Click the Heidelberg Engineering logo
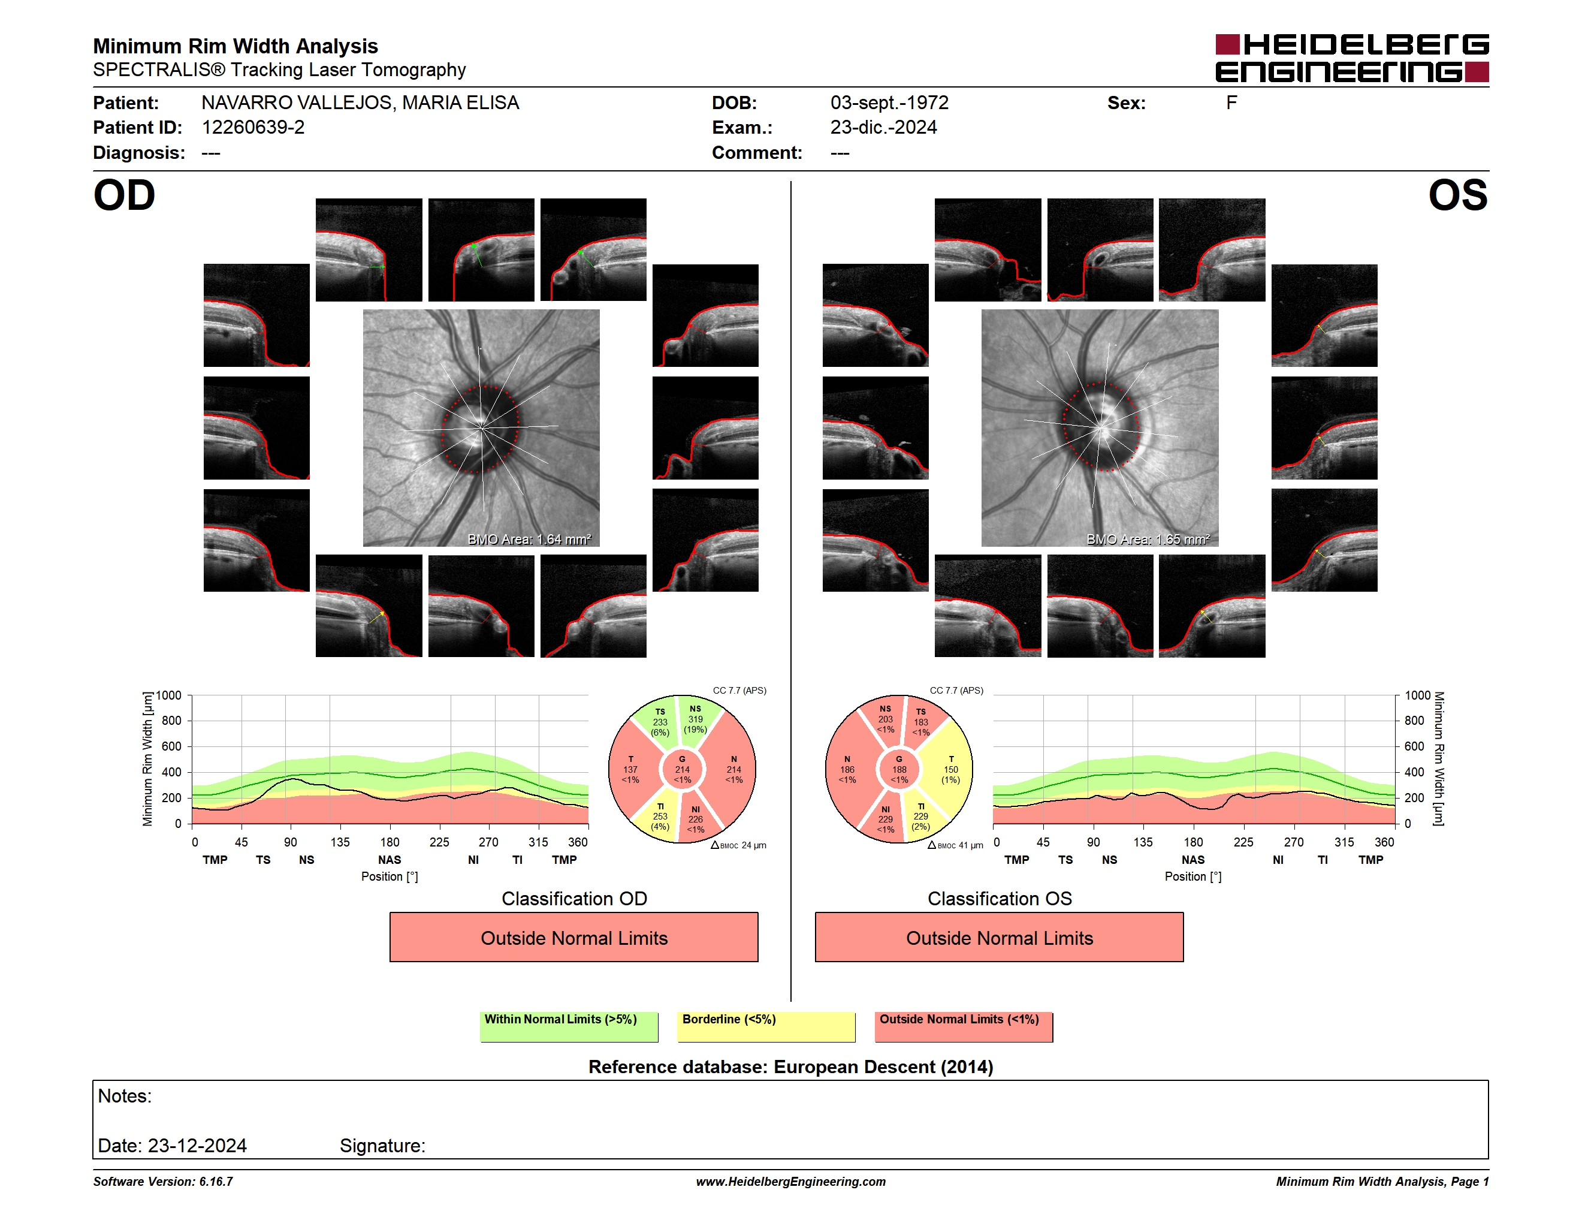1352,58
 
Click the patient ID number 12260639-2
253,128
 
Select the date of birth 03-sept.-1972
889,103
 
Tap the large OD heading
125,195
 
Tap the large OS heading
1457,195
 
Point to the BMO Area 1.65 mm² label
1148,539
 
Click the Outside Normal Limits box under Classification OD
573,938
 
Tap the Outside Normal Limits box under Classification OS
999,938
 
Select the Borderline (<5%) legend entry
766,1026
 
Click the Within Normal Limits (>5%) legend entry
569,1026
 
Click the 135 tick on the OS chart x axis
1143,842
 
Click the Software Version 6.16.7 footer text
163,1182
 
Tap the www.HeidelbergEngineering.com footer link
791,1182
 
